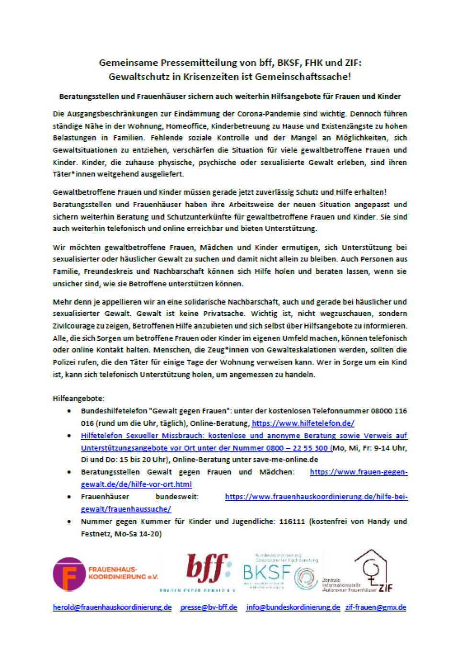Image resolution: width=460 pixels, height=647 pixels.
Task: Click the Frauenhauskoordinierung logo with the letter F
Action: (70, 574)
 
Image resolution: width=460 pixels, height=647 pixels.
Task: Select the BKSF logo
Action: (280, 572)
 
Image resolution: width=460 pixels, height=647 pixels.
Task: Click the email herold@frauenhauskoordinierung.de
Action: (112, 607)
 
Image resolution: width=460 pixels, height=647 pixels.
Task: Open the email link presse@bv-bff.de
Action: (208, 607)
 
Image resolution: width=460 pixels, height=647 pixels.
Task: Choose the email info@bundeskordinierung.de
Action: (293, 607)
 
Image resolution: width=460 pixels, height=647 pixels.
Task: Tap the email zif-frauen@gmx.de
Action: (375, 607)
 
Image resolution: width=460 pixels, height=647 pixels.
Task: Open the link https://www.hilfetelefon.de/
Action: (303, 423)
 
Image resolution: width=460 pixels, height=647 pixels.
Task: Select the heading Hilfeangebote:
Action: (78, 398)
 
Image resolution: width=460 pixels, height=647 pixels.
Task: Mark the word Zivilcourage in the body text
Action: (74, 326)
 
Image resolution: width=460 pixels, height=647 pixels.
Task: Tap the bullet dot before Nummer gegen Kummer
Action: (69, 521)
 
